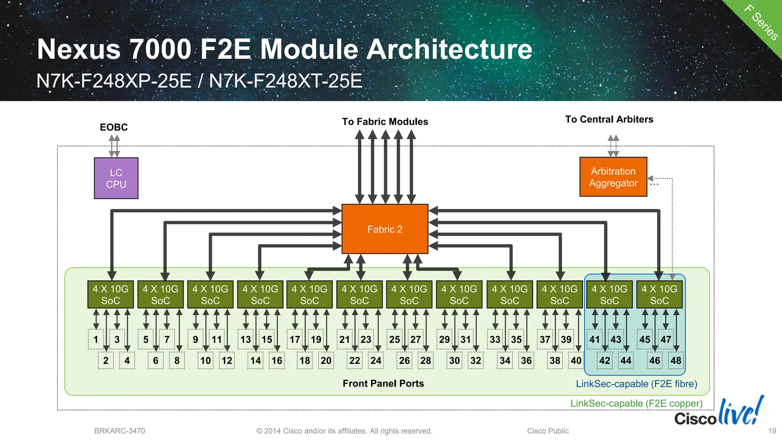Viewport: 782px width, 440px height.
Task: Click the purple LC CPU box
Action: [x=116, y=178]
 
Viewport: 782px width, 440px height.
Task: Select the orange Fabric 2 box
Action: [x=385, y=229]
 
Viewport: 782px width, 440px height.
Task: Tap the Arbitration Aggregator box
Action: [x=613, y=177]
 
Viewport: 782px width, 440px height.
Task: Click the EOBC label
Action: [x=114, y=127]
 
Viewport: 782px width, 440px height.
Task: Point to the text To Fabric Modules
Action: [x=385, y=122]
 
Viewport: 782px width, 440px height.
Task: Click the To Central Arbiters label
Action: [x=609, y=119]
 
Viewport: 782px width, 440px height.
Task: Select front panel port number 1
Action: [x=96, y=339]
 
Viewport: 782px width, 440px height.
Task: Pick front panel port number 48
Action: [x=676, y=361]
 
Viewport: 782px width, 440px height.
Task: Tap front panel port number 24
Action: [x=376, y=361]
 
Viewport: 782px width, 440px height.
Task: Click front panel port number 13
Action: [x=246, y=339]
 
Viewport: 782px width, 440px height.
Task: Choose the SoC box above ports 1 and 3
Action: [x=111, y=295]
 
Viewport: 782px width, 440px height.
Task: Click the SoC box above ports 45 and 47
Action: [x=659, y=295]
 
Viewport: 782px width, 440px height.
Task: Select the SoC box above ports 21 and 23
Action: [x=359, y=295]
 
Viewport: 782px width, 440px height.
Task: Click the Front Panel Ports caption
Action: [x=383, y=384]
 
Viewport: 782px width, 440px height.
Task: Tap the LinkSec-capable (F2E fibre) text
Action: [x=637, y=384]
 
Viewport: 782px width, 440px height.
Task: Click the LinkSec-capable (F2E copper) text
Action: [x=637, y=403]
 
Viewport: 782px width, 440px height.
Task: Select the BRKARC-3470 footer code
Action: [x=120, y=431]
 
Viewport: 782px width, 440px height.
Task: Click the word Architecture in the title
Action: [x=449, y=49]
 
